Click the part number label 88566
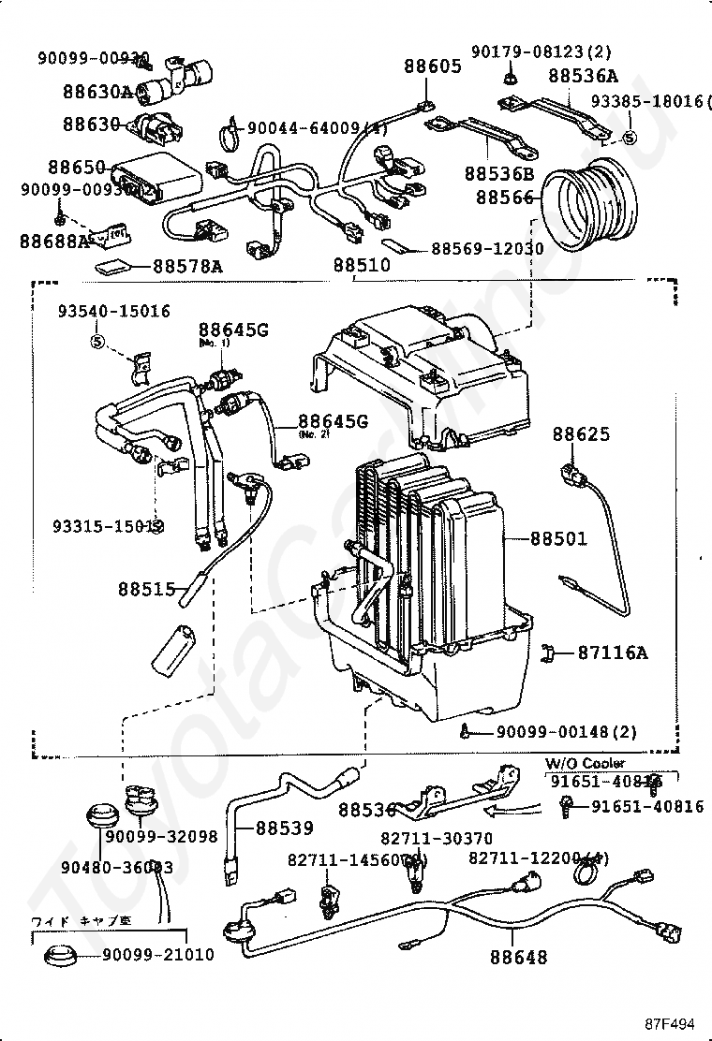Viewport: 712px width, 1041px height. click(x=504, y=198)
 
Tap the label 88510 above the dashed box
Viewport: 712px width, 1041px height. click(x=361, y=266)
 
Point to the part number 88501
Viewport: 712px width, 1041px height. click(x=558, y=539)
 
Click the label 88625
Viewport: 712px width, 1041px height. click(x=581, y=434)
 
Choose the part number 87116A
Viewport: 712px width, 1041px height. click(x=612, y=652)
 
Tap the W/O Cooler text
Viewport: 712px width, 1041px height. click(x=585, y=763)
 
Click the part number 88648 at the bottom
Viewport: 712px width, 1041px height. click(x=518, y=958)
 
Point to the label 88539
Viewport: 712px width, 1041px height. click(x=285, y=828)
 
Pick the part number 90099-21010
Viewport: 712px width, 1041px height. click(x=157, y=955)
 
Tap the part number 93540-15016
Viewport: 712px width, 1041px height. click(x=114, y=311)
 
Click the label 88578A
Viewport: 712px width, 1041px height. click(x=187, y=267)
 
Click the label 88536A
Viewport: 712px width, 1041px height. click(x=583, y=76)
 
